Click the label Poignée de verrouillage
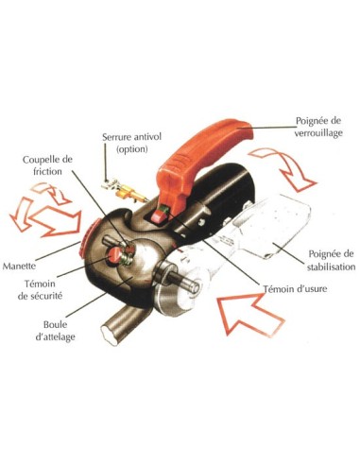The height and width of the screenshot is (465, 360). click(318, 127)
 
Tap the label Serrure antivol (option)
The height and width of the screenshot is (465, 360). click(131, 143)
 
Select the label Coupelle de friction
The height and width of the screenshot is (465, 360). click(47, 165)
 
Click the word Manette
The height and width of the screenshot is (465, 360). click(19, 267)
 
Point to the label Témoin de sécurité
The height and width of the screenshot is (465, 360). click(40, 290)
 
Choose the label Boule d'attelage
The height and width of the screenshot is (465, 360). click(55, 331)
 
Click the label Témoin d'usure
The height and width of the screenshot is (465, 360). click(295, 289)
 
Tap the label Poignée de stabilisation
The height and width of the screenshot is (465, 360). click(331, 261)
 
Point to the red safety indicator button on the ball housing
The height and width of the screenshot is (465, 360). click(114, 254)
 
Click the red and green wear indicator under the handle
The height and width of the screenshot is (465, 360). click(160, 215)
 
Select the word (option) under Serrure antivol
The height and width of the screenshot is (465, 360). click(132, 148)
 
